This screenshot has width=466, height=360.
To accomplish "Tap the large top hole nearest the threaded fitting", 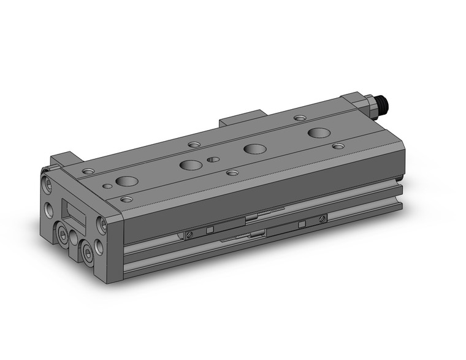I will click(318, 133).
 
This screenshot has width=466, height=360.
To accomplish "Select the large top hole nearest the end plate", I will click(127, 181).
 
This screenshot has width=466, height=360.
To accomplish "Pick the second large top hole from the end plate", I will click(190, 164).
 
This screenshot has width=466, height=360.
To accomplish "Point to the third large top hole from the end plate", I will click(253, 148).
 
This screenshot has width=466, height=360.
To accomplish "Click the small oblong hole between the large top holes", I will click(213, 159).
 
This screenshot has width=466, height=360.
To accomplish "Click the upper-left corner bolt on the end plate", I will click(47, 181).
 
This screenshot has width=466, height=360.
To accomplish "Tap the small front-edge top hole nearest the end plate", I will click(126, 199).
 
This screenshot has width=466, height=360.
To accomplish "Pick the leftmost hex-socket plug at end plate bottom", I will click(64, 234).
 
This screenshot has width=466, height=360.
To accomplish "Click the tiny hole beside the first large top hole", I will click(107, 184).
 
